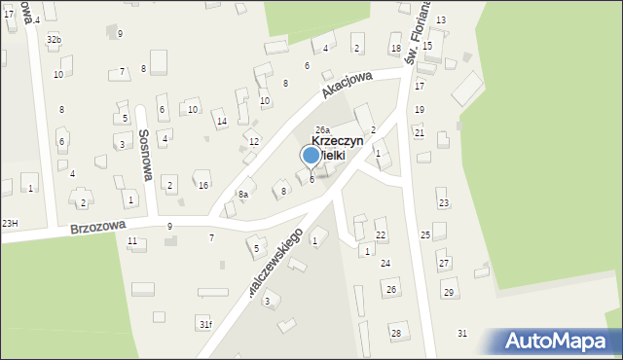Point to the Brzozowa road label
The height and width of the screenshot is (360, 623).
point(97,227)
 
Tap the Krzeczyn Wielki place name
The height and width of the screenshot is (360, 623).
point(337,148)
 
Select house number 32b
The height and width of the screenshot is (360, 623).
point(54,39)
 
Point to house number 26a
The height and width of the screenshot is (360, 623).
point(322,129)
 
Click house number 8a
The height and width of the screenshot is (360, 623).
point(243,195)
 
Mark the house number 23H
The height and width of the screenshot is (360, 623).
point(10,224)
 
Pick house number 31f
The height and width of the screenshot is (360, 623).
point(204,324)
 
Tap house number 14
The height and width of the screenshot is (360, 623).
point(222,122)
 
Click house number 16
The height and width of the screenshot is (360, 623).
point(202,185)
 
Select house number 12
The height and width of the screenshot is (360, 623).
point(253,142)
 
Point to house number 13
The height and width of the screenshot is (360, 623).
point(440,20)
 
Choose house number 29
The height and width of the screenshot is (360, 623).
point(448,293)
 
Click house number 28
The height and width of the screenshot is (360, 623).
point(395,334)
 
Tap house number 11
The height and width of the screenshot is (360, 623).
point(131,240)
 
